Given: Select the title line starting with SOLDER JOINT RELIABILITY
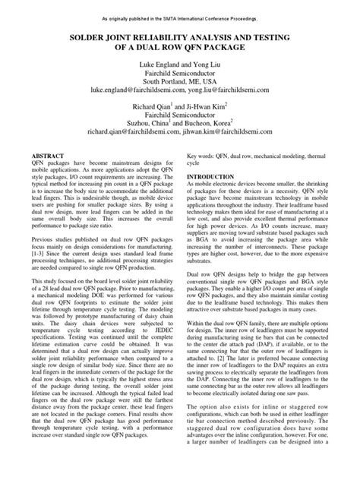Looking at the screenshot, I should (180, 36).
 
